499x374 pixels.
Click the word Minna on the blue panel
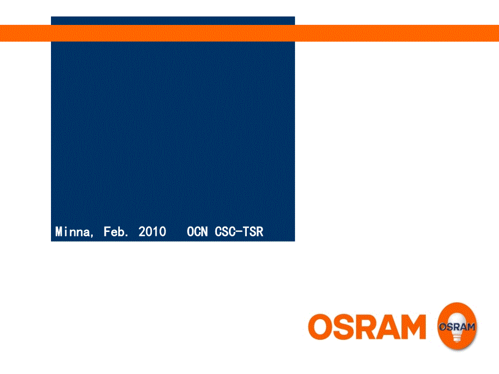[73, 232]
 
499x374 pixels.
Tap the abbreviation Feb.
[116, 232]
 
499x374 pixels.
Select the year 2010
[152, 232]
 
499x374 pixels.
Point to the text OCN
[197, 232]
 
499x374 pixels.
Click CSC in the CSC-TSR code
[225, 232]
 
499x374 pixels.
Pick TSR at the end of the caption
[253, 232]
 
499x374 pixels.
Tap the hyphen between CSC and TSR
[239, 232]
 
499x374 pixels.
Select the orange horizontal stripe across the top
[250, 33]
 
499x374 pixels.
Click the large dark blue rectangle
[173, 133]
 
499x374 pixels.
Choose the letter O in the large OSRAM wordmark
[321, 327]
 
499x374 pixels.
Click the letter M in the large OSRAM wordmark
[413, 327]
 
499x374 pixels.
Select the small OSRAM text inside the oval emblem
[457, 327]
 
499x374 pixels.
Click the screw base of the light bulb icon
[457, 337]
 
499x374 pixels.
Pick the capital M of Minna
[59, 232]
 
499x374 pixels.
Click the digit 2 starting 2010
[142, 232]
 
